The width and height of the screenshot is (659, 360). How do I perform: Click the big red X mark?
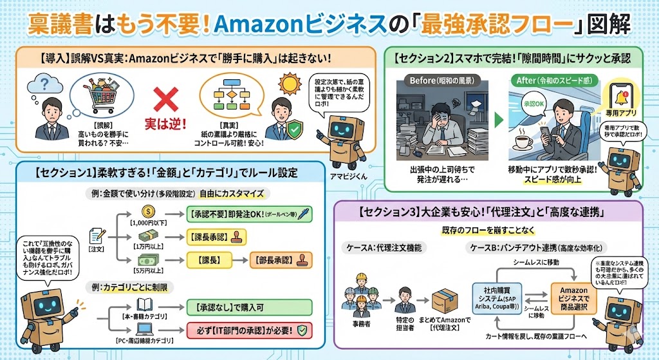pyautogui.click(x=167, y=101)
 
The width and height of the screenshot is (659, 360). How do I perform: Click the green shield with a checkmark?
pyautogui.click(x=294, y=129)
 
